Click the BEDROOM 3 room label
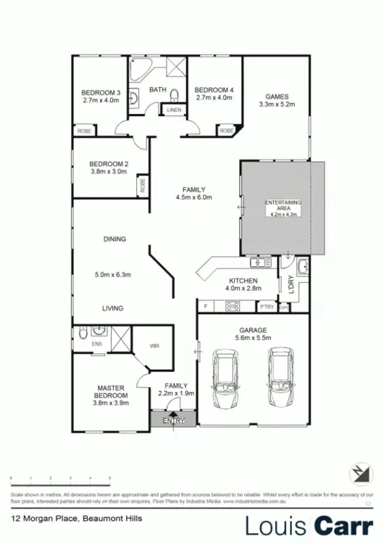point(101,93)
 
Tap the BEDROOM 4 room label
point(214,90)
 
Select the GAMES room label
point(277,96)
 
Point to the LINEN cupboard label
point(174,110)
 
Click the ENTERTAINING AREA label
point(283,204)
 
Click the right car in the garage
point(280,376)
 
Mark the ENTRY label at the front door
point(174,420)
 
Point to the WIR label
point(154,346)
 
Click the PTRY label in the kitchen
point(267,307)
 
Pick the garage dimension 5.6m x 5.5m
point(253,338)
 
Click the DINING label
point(114,239)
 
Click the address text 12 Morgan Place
point(45,519)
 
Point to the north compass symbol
point(359,474)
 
